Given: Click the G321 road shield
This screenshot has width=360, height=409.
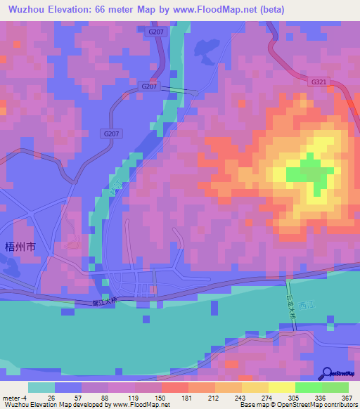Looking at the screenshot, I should click(x=318, y=82).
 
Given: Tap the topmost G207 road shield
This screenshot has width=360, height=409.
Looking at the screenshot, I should click(x=156, y=32).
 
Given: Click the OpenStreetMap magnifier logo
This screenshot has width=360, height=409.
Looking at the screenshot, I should click(x=328, y=372).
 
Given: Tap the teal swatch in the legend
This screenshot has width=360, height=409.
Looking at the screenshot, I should click(x=41, y=387).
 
